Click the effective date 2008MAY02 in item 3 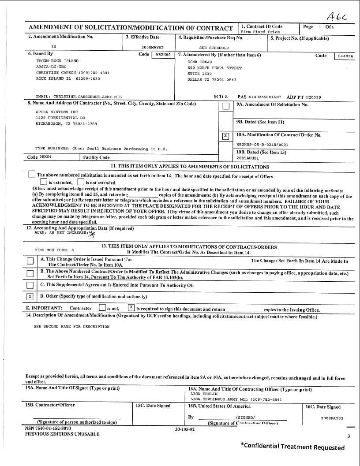tap(152, 47)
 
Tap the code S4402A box tap(345, 56)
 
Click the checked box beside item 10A tap(225, 136)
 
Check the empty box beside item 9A tap(225, 106)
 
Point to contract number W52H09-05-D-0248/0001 tap(262, 144)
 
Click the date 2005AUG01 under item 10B tap(248, 158)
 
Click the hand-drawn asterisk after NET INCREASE tap(92, 234)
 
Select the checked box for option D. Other tap(30, 296)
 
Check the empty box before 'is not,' tap(102, 308)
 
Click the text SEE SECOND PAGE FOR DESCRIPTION tap(71, 327)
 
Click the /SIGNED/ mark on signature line tap(245, 417)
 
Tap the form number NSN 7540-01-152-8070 tap(48, 428)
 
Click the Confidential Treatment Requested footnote tap(292, 447)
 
